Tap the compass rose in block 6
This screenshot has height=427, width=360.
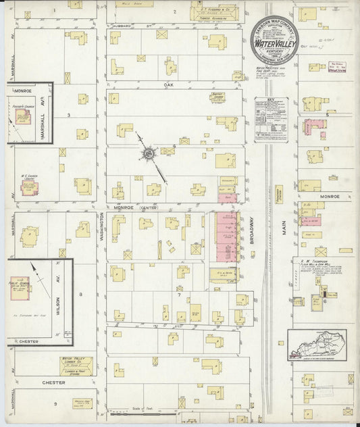(147, 155)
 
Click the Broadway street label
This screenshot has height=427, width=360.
(251, 229)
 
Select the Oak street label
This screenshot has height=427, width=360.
(169, 85)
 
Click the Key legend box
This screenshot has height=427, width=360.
(271, 120)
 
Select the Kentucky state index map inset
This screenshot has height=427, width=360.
(316, 344)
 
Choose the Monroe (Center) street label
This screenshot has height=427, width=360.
(135, 209)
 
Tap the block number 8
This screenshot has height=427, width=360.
(80, 295)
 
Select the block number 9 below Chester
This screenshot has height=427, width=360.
(55, 403)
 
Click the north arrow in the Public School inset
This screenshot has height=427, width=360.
(43, 277)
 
